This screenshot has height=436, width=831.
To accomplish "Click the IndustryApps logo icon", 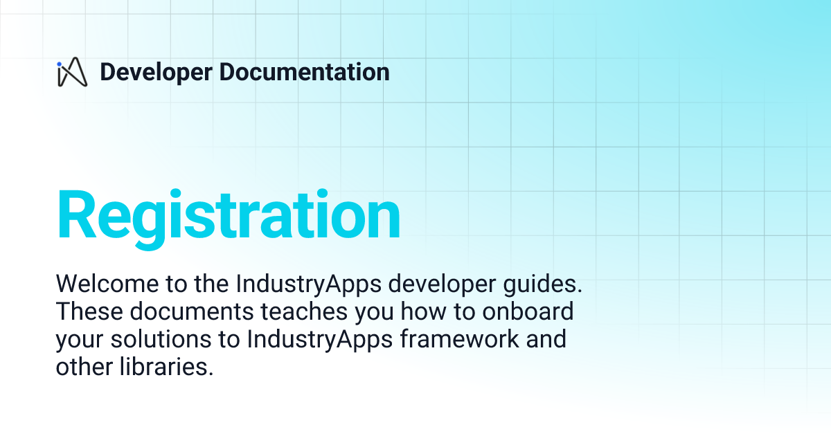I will [72, 72].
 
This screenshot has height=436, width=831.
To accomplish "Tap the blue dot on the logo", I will [60, 63].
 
